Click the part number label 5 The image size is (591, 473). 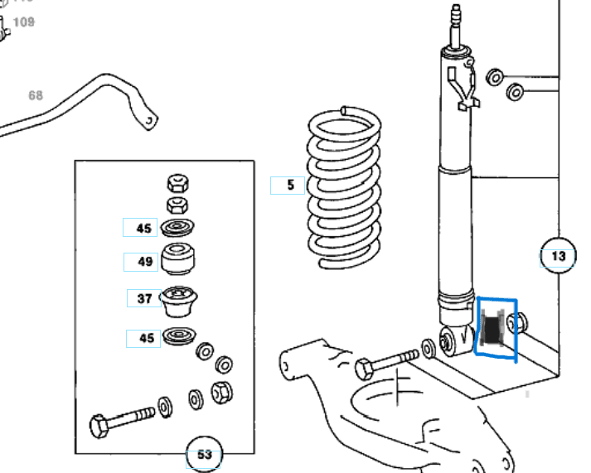click(290, 186)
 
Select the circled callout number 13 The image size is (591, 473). click(558, 256)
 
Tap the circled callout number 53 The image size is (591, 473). click(204, 454)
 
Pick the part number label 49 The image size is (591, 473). click(145, 263)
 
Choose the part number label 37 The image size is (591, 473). click(144, 298)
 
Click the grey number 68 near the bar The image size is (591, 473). click(35, 95)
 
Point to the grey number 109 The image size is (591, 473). click(24, 22)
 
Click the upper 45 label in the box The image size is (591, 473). click(144, 228)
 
